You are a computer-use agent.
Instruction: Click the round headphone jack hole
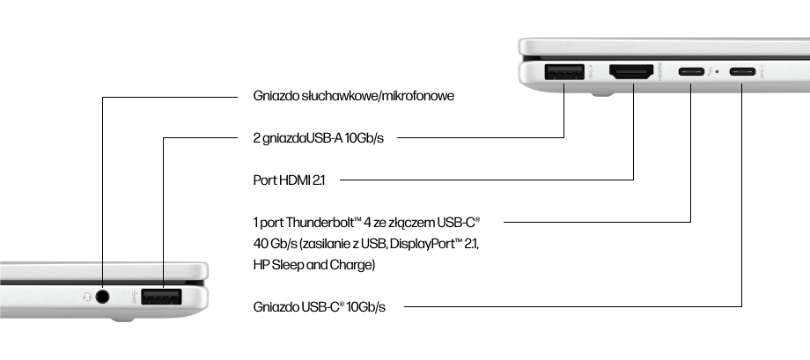click(103, 297)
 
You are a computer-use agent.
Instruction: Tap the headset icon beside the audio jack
click(86, 297)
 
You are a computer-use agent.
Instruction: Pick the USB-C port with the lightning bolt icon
click(691, 72)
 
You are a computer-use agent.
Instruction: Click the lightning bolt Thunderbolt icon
click(710, 72)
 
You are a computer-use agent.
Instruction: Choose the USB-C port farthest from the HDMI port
click(741, 72)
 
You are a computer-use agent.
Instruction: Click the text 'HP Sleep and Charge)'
click(313, 264)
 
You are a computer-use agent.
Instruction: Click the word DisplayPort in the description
click(427, 243)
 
